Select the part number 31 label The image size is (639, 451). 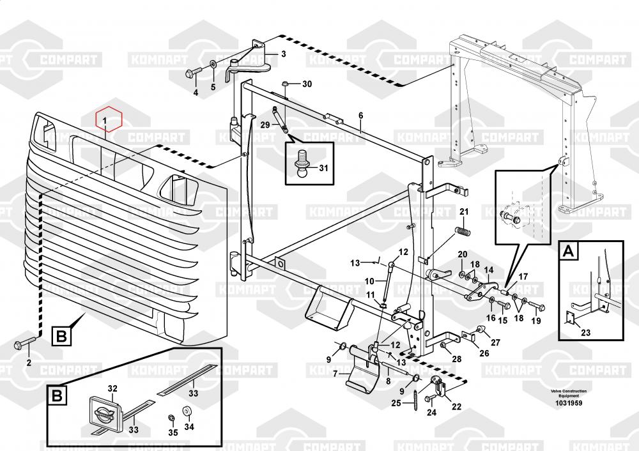[323, 168]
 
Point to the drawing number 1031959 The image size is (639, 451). [568, 404]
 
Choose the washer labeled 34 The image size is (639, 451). [187, 411]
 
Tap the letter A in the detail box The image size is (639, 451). [567, 252]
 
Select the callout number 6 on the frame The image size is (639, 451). [360, 116]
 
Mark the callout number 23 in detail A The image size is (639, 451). [586, 332]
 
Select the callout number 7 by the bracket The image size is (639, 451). [335, 374]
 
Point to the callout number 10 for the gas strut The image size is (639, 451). [369, 281]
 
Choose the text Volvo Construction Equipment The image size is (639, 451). [568, 394]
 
